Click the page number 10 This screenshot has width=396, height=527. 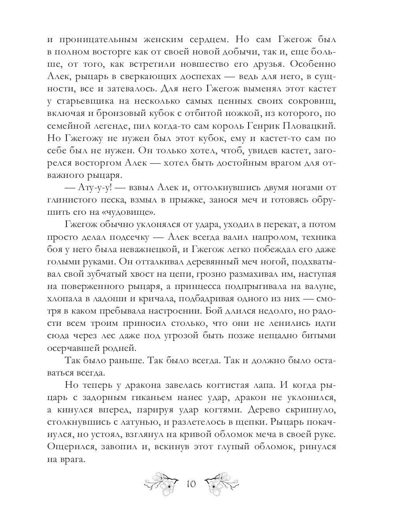[191, 484]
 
